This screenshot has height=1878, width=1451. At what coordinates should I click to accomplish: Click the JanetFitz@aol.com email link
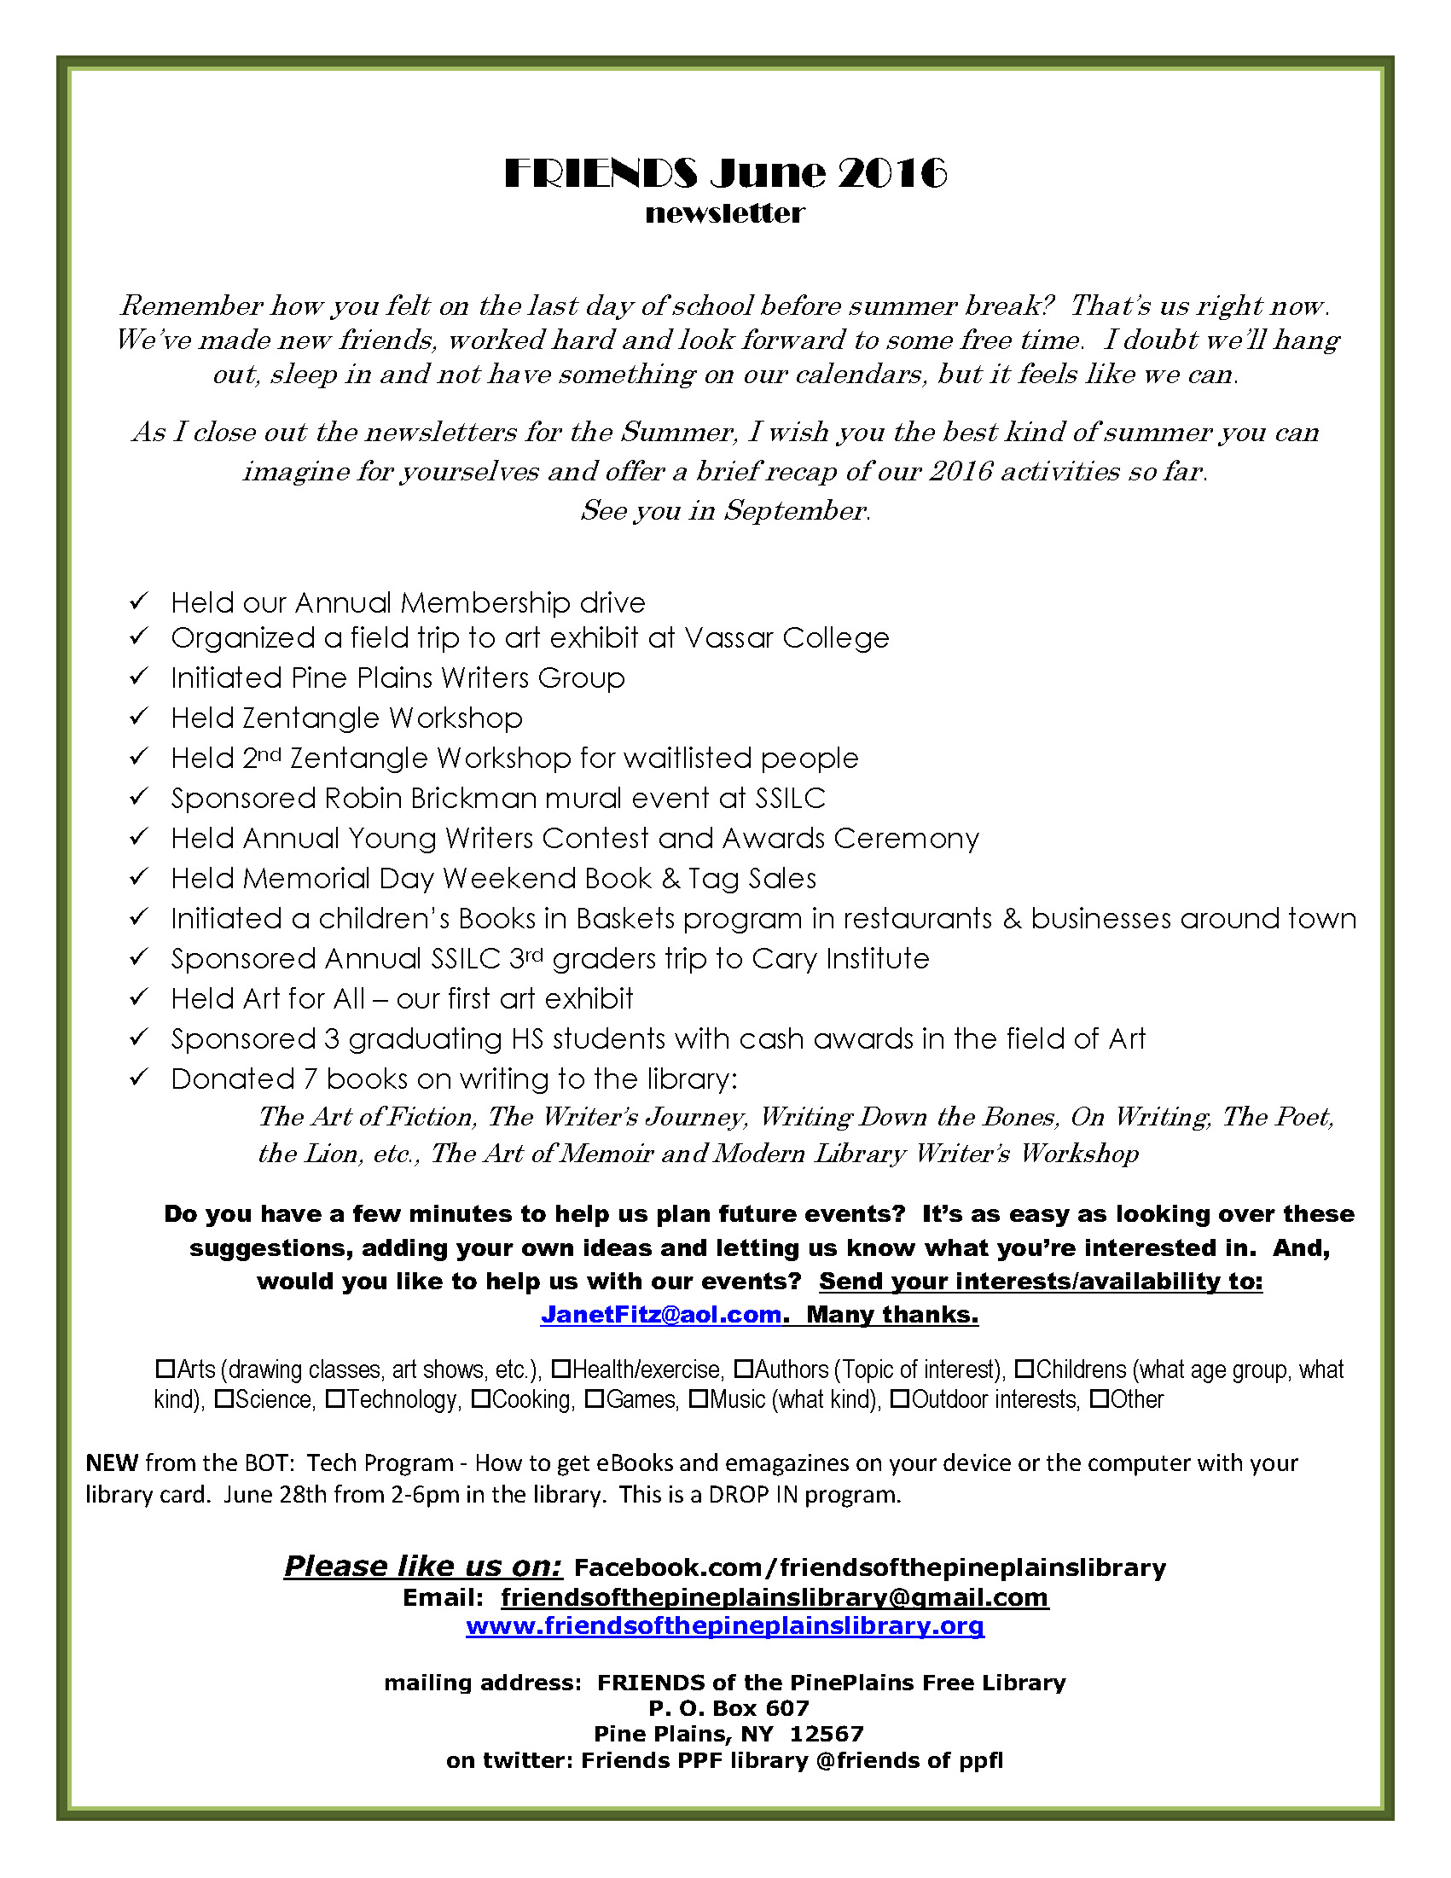tap(660, 1315)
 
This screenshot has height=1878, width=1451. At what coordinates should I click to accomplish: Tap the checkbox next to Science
tap(223, 1399)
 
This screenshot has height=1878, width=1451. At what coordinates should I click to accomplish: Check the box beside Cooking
tap(480, 1399)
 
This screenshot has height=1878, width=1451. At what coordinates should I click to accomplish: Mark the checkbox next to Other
tap(1099, 1399)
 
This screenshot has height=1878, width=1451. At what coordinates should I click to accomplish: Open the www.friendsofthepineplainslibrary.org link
tap(724, 1626)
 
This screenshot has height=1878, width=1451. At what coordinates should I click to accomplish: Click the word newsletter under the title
tap(724, 213)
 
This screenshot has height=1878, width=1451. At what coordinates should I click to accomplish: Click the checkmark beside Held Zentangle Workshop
tap(139, 715)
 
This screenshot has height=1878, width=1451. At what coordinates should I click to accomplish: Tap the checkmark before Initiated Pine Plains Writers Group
tap(139, 676)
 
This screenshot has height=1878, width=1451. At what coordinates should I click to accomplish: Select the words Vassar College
tap(786, 638)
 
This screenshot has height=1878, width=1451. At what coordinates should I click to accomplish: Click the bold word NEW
tap(112, 1462)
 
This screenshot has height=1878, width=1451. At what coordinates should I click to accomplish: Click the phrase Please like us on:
tap(423, 1566)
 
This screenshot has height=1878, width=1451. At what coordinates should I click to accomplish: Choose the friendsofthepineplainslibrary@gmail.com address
tap(775, 1596)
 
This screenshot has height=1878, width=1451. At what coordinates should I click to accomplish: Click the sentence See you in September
tap(724, 511)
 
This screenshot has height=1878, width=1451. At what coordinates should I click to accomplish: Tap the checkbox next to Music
tap(698, 1399)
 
